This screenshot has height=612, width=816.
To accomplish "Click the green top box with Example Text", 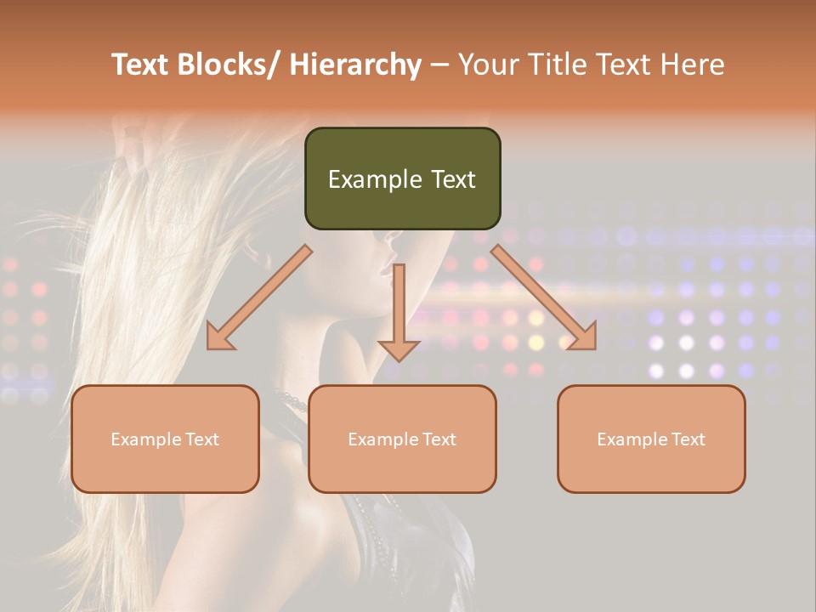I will point(402,178).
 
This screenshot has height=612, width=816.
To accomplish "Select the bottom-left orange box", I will point(165,439).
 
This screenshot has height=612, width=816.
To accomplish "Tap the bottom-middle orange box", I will point(402,439).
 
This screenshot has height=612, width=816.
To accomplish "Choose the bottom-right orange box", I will point(651,439).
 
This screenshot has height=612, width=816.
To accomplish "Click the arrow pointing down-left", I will point(259,297).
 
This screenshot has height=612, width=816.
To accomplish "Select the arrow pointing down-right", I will point(544,297).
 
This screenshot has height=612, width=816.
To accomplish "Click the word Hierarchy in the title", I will point(355,65).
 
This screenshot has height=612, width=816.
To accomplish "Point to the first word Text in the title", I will point(140,65).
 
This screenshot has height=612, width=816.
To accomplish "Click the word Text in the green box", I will point(453,179).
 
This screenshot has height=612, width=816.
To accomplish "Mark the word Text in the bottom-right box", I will point(688,439).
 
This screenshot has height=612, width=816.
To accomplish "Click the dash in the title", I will point(439,65).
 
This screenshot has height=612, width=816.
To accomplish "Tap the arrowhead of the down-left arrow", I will point(219,338).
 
